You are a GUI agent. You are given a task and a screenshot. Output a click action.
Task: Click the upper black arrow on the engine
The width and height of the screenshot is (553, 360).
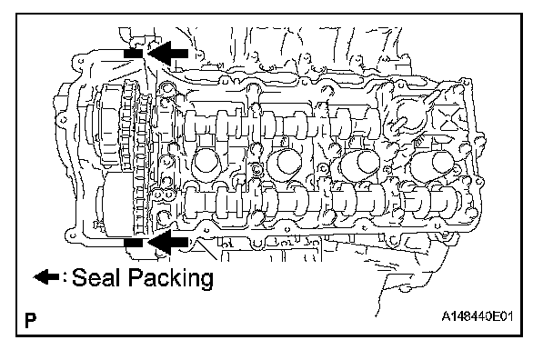(x=167, y=54)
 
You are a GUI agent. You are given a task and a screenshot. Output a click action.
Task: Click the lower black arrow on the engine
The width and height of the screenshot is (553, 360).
(x=167, y=242)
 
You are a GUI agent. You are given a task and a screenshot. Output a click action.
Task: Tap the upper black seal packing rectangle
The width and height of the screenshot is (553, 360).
(x=134, y=54)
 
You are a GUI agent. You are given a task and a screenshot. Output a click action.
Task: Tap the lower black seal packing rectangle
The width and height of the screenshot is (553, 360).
(x=134, y=243)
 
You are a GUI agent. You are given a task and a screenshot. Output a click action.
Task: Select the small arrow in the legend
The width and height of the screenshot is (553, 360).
(x=46, y=276)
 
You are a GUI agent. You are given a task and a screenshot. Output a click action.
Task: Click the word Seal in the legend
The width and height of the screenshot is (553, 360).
(x=95, y=277)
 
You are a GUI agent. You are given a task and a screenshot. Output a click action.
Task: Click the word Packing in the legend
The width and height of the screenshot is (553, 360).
(x=170, y=278)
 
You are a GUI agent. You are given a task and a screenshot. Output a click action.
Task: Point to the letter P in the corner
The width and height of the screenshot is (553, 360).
(x=31, y=320)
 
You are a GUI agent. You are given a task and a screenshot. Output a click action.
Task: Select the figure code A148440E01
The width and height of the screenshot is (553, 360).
(x=478, y=316)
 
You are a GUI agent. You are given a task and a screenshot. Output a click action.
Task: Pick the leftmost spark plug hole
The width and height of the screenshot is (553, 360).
(x=206, y=163)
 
